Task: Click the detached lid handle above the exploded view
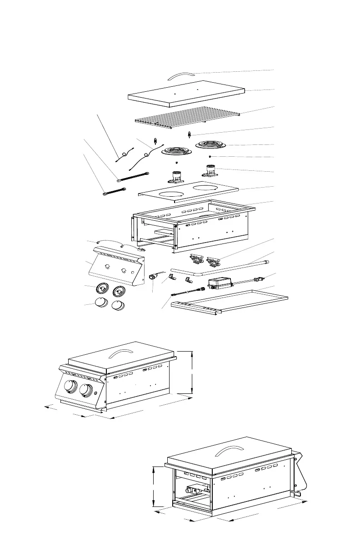pos(181,74)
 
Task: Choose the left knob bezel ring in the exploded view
pos(102,289)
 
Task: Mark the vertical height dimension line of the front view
pos(192,372)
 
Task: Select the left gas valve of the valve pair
pos(195,259)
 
